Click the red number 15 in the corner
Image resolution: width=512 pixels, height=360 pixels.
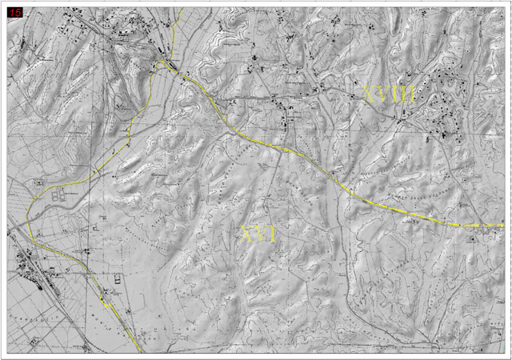pyautogui.click(x=14, y=13)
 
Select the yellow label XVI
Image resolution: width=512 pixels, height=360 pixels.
pyautogui.click(x=258, y=234)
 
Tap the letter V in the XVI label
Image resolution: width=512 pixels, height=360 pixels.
pyautogui.click(x=260, y=234)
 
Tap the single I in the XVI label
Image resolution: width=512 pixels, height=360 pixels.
pyautogui.click(x=272, y=234)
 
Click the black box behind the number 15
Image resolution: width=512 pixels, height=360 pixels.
pyautogui.click(x=14, y=13)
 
